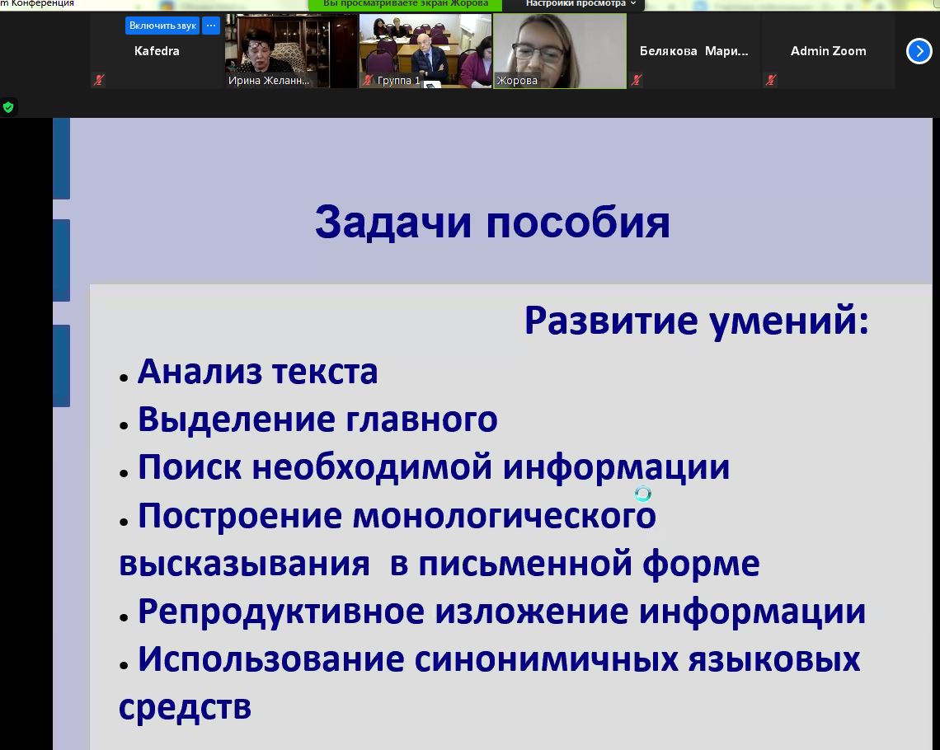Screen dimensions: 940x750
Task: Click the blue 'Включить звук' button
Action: pos(162,26)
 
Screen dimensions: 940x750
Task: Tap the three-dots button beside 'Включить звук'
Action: pos(211,26)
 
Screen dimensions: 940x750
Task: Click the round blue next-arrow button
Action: pos(919,51)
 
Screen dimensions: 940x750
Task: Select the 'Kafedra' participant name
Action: pos(157,51)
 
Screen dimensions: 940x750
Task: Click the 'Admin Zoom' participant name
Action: pos(829,51)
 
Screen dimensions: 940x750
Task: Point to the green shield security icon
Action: pos(8,107)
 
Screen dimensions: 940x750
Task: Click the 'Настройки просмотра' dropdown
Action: pos(580,3)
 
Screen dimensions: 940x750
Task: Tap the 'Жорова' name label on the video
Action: pos(517,80)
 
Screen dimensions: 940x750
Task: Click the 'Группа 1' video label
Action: pos(398,80)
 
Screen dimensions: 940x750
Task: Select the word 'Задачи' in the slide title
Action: pos(393,223)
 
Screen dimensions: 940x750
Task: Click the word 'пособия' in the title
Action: pos(578,223)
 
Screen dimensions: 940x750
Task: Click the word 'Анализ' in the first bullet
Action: pos(200,372)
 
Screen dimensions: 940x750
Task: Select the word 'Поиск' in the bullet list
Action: pos(190,466)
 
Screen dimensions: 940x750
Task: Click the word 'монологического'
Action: pos(504,516)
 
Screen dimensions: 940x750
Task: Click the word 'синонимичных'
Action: pos(546,659)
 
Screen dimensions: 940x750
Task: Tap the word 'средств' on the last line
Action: pos(186,707)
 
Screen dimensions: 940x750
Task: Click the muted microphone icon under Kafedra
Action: pos(100,80)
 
